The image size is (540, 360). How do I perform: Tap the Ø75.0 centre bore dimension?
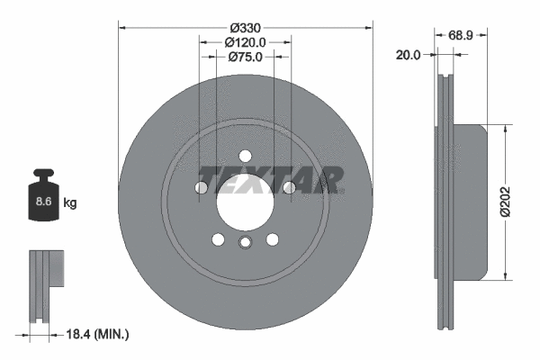[x=245, y=57]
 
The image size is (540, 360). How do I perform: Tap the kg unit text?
[x=70, y=203]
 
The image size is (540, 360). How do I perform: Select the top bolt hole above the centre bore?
[x=245, y=162]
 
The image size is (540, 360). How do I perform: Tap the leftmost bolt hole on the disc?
[x=202, y=187]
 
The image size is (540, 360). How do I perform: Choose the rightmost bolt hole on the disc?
[x=289, y=187]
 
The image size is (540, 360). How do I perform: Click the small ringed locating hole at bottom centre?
[x=245, y=245]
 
